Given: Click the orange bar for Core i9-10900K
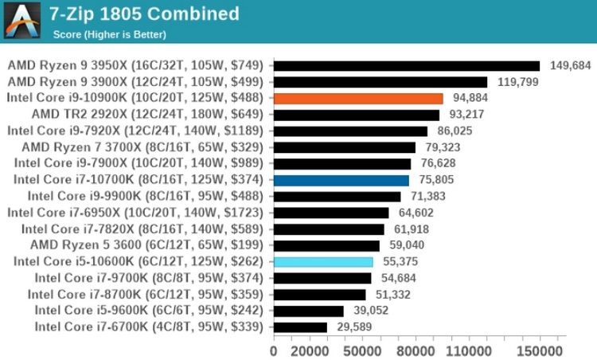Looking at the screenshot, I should click(x=357, y=98).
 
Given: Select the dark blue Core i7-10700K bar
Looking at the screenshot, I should click(x=341, y=180).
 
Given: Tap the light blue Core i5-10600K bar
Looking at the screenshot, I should click(x=322, y=261).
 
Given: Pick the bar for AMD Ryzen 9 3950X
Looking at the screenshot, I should click(x=406, y=65).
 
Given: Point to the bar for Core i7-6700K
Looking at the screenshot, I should click(x=300, y=327).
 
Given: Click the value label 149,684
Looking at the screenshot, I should click(x=570, y=65).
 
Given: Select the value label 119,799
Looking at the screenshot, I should click(x=517, y=82).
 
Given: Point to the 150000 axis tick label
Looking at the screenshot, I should click(x=540, y=350).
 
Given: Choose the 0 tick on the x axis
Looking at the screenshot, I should click(x=274, y=350).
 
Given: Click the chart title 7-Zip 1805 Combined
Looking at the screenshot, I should click(x=144, y=14).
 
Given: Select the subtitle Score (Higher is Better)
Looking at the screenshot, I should click(x=109, y=34).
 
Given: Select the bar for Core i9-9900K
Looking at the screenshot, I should click(x=337, y=196).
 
